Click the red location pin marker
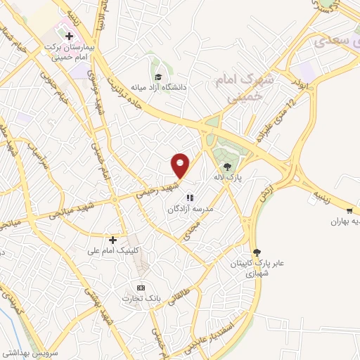[181, 165]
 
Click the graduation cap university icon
[158, 76]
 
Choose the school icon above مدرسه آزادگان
[190, 198]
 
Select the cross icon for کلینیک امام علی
[112, 240]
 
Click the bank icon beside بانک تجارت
[141, 287]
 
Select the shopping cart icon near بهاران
[349, 210]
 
